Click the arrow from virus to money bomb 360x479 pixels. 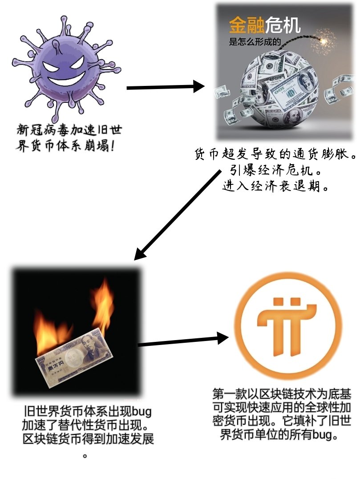[x=165, y=87]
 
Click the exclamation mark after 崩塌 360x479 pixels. [x=111, y=146]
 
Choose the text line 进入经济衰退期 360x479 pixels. [x=276, y=186]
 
